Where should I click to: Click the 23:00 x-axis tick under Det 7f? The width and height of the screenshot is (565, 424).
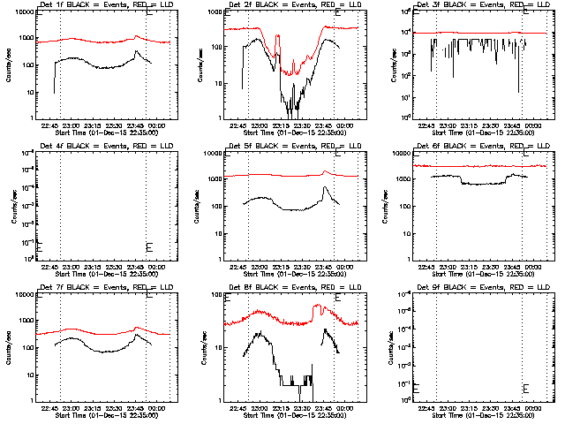(71, 408)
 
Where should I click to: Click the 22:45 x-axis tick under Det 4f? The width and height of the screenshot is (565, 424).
(49, 267)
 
